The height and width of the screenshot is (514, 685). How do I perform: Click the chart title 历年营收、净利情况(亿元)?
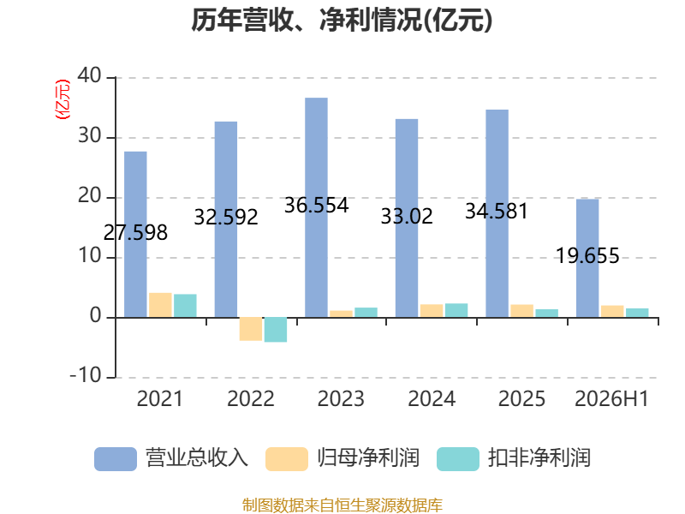[x=342, y=21]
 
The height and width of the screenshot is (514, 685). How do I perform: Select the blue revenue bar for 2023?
[x=316, y=207]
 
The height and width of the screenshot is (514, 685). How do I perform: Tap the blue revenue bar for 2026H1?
[x=587, y=259]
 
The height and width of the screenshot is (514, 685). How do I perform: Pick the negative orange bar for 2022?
[x=251, y=329]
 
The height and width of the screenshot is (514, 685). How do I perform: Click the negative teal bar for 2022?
[x=276, y=330]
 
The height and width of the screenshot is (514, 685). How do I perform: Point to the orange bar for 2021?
[x=160, y=305]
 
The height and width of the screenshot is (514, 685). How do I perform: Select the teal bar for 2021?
[x=185, y=306]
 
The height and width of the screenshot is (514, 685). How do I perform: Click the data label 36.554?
[x=316, y=206]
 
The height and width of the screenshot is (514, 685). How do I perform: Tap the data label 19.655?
[x=587, y=255]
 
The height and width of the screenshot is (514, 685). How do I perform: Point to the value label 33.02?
[x=407, y=217]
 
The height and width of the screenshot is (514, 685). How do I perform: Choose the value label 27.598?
[x=135, y=233]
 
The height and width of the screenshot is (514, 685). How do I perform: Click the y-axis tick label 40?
[x=90, y=76]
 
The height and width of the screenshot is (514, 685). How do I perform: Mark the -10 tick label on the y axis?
[x=86, y=376]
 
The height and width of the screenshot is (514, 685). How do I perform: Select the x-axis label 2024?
[x=432, y=399]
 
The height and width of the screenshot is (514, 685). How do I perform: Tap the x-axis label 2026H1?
[x=611, y=399]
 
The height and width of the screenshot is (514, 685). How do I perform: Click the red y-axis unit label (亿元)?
[x=62, y=99]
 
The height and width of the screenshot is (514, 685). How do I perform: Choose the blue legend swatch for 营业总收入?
[x=116, y=459]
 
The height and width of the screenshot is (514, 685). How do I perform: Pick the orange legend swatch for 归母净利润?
[x=287, y=459]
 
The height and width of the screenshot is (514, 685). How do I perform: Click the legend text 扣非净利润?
[x=539, y=458]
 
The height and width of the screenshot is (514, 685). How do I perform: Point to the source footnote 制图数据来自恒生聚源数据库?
[x=342, y=505]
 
